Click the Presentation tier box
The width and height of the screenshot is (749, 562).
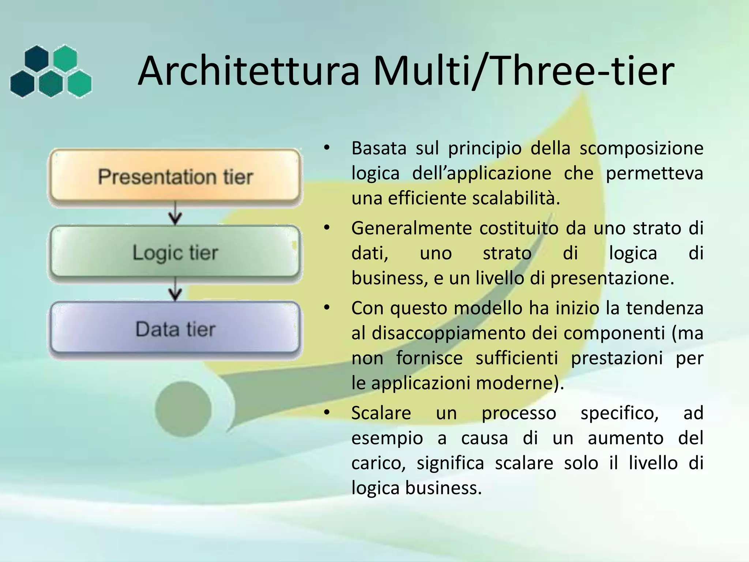(175, 177)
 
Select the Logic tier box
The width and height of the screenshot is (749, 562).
(175, 252)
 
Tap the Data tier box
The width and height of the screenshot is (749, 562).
(175, 329)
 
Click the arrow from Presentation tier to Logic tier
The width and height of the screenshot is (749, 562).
(175, 214)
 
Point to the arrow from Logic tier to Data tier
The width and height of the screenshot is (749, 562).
(175, 290)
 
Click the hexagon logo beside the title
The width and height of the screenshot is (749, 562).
(51, 72)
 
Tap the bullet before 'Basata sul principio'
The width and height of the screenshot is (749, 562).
(327, 148)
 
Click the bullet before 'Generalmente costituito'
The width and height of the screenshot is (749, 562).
(327, 228)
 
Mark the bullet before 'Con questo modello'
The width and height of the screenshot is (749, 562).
(327, 308)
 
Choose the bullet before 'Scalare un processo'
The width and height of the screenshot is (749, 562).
(327, 413)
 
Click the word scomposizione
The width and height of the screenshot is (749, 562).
(641, 148)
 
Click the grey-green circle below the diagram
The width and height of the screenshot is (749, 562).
(183, 409)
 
